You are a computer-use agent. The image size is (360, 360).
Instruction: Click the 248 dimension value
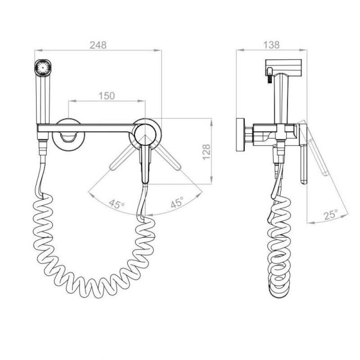[98, 45]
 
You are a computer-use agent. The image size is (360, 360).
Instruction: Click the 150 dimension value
[107, 96]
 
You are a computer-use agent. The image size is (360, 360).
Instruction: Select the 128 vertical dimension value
[206, 152]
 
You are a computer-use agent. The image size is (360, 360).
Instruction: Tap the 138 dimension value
[271, 45]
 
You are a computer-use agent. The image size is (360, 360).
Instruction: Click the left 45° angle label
[117, 203]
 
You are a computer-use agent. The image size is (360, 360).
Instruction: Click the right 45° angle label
[177, 202]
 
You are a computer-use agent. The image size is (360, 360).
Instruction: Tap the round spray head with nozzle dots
[43, 67]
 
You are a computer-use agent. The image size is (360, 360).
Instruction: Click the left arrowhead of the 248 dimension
[38, 50]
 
